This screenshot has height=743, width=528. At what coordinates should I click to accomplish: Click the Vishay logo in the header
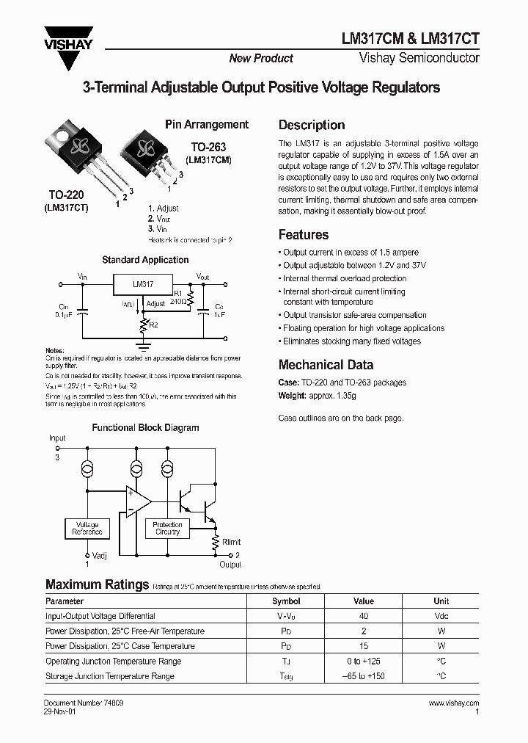click(x=68, y=38)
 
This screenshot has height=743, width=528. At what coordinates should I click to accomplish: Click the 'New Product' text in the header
click(x=261, y=59)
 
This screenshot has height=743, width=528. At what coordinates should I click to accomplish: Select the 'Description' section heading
click(x=312, y=125)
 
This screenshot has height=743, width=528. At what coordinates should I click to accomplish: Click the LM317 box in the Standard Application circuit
click(x=143, y=284)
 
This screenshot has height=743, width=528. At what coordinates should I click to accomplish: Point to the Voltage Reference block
click(x=87, y=529)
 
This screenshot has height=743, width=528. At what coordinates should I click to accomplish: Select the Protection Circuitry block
click(x=167, y=529)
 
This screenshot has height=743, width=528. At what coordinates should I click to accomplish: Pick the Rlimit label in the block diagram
click(x=231, y=542)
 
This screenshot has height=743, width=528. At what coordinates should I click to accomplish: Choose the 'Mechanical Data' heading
click(x=326, y=365)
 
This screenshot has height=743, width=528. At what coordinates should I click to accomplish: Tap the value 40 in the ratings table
click(x=364, y=617)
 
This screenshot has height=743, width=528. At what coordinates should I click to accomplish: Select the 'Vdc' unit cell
click(x=441, y=617)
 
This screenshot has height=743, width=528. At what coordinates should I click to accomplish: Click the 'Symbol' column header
click(x=286, y=601)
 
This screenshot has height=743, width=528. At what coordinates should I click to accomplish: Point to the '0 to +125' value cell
click(x=364, y=662)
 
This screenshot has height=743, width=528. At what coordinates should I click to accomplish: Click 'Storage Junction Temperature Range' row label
click(x=110, y=676)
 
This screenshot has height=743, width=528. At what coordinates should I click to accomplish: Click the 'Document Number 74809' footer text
click(x=84, y=703)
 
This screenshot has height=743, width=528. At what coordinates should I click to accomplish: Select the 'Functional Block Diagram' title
click(x=145, y=427)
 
